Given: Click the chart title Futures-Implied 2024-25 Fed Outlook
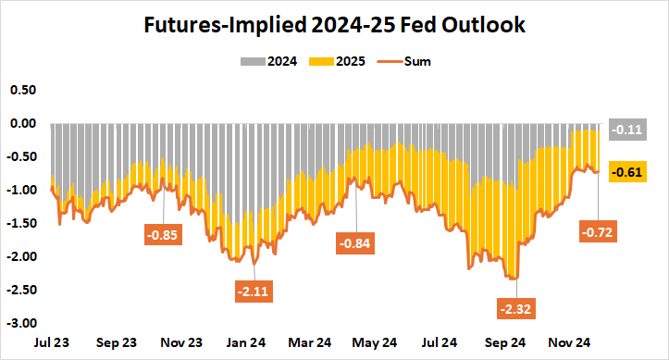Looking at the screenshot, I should point(334,25).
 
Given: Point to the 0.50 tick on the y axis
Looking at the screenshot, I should point(23,90).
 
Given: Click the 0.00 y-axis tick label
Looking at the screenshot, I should point(23,123).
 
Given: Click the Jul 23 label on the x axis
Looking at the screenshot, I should point(53,341).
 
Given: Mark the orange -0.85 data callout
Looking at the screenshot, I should point(164,233).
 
